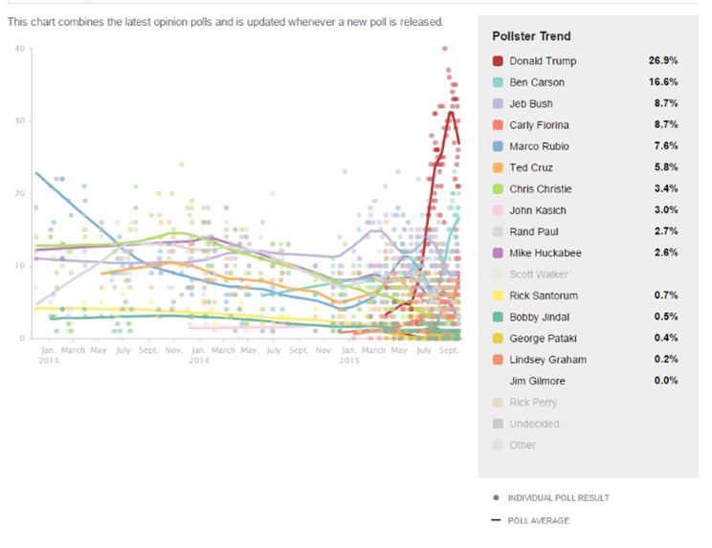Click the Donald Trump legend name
(x=543, y=61)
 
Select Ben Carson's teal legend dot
(x=498, y=82)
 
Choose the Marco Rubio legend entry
(x=539, y=145)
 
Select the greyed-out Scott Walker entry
(x=538, y=274)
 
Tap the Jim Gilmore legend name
(x=537, y=381)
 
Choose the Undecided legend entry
(x=534, y=423)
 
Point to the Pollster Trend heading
(x=531, y=36)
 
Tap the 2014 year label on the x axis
(x=198, y=362)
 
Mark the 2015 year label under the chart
(x=349, y=362)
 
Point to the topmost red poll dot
(x=444, y=48)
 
